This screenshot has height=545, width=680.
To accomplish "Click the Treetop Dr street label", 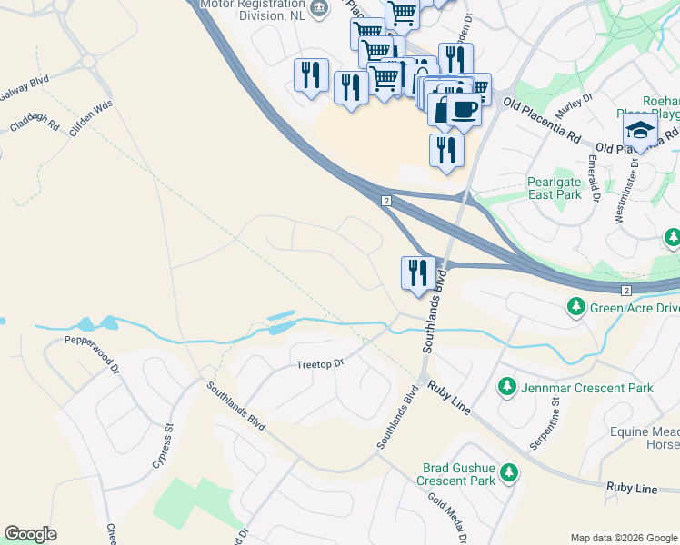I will tap(320, 364).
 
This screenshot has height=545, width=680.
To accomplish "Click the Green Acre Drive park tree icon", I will tap(575, 308).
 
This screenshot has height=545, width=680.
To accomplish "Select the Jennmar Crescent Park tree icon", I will tap(507, 388).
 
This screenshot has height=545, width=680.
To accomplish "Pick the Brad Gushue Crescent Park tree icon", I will tap(509, 472).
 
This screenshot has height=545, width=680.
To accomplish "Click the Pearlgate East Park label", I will tap(554, 188).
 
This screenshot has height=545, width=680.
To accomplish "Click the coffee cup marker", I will tap(464, 110).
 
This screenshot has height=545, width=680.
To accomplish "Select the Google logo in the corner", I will tap(30, 534).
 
